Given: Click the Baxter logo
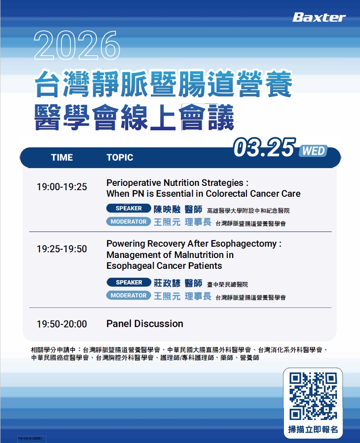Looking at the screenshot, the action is pos(319,17).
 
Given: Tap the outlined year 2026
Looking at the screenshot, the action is pos(77,46).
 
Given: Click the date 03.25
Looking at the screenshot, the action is pos(264,148).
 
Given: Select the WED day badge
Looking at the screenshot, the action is pos(313,151).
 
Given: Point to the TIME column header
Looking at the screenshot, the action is pos(62,157).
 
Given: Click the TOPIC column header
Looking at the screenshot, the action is pos(120,157).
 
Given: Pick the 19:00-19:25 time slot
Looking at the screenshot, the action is pos(62,187).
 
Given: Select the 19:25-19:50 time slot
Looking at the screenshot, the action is pos(62,249).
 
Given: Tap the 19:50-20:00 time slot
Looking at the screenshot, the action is pos(62,324).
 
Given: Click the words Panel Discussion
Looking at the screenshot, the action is pos(145,324).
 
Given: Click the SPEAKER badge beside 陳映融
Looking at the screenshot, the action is pos(129,208).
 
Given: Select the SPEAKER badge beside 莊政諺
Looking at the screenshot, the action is pos(129,282).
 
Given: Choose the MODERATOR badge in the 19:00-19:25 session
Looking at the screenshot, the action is pos(129,221).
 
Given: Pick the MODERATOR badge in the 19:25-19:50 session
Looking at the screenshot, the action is pos(129,295).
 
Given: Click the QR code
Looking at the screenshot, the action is pos(313,396).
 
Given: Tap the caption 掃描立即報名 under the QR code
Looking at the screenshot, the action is pos(313,430).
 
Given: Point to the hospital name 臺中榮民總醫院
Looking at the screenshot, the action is pos(227,284).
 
